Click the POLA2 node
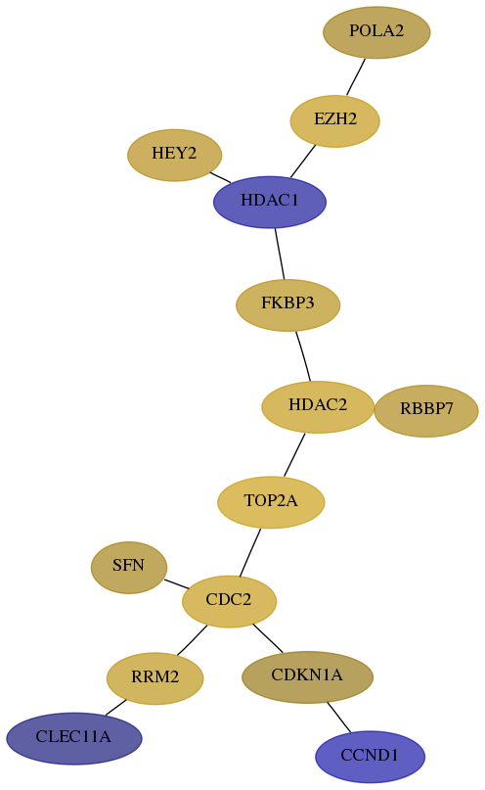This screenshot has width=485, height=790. point(376,32)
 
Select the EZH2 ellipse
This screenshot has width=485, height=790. point(334,121)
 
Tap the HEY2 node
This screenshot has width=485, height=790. point(175,155)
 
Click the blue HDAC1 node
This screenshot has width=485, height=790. point(270,202)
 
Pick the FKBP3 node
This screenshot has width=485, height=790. point(287,304)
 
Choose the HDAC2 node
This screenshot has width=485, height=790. point(318,406)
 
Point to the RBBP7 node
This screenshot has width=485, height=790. point(426,410)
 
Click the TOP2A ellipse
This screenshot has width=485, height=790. point(271,502)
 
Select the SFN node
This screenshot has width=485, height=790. point(129,568)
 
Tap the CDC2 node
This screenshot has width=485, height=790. point(229,601)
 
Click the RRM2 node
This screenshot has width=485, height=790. point(154,678)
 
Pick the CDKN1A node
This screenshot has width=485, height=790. point(307,676)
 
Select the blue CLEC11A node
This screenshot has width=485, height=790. point(74,738)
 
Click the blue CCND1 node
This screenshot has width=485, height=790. point(370,757)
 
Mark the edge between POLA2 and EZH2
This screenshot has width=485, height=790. point(356,76)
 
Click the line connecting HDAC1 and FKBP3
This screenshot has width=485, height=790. point(280,254)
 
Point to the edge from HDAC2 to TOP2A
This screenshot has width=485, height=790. point(294,454)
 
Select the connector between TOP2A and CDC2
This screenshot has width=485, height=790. point(250,552)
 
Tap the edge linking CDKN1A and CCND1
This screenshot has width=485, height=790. point(338,717)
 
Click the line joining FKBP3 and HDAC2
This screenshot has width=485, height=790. point(303,355)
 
